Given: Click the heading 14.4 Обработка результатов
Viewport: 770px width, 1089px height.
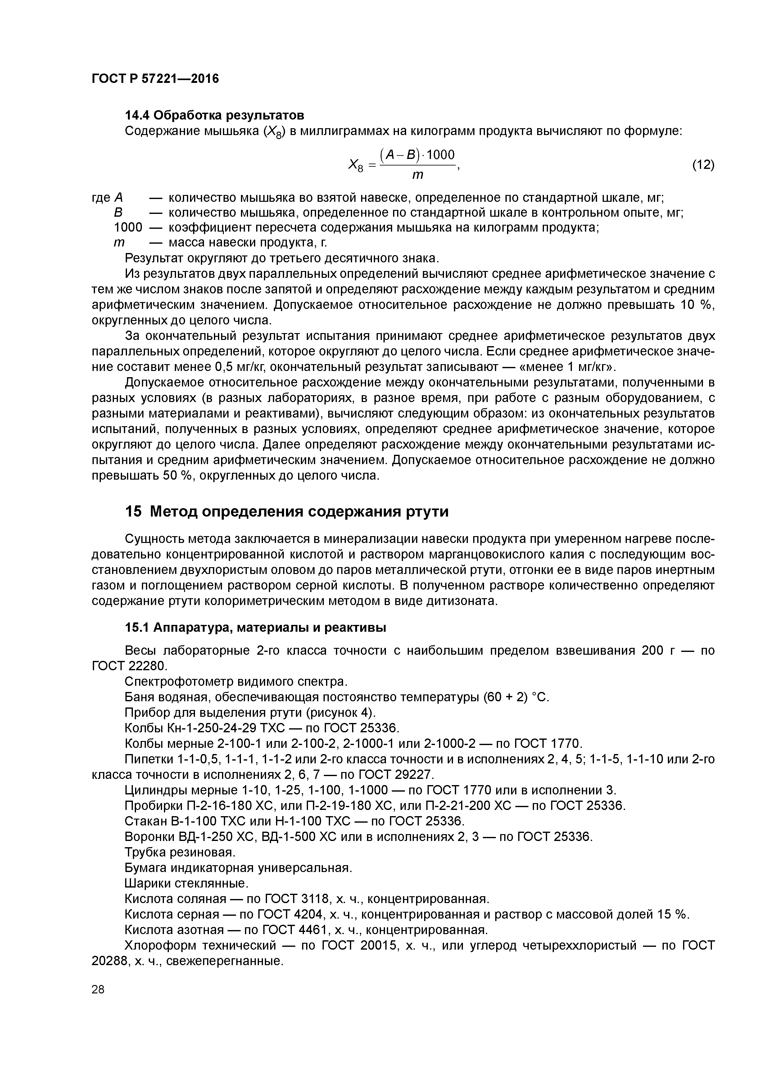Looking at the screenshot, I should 214,115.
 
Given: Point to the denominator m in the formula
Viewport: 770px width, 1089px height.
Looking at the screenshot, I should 418,175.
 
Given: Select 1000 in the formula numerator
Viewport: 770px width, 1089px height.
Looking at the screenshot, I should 441,155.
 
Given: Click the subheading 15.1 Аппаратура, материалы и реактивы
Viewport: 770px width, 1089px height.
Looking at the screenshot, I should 255,627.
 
